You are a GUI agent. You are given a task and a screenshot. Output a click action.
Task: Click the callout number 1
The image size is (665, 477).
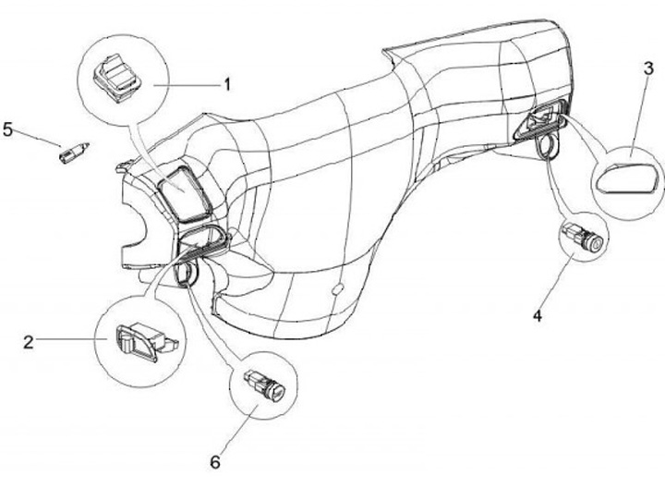coord(226,83)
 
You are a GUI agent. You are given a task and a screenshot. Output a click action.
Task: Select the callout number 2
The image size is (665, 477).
coord(29,342)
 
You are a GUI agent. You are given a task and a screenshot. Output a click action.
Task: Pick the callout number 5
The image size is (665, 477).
coord(9,128)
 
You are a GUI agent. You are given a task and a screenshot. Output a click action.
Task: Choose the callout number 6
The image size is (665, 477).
coord(216,459)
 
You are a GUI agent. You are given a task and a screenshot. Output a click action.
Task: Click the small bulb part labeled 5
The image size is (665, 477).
coord(72,152)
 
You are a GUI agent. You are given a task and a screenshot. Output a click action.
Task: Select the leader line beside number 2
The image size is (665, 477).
coord(69,342)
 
